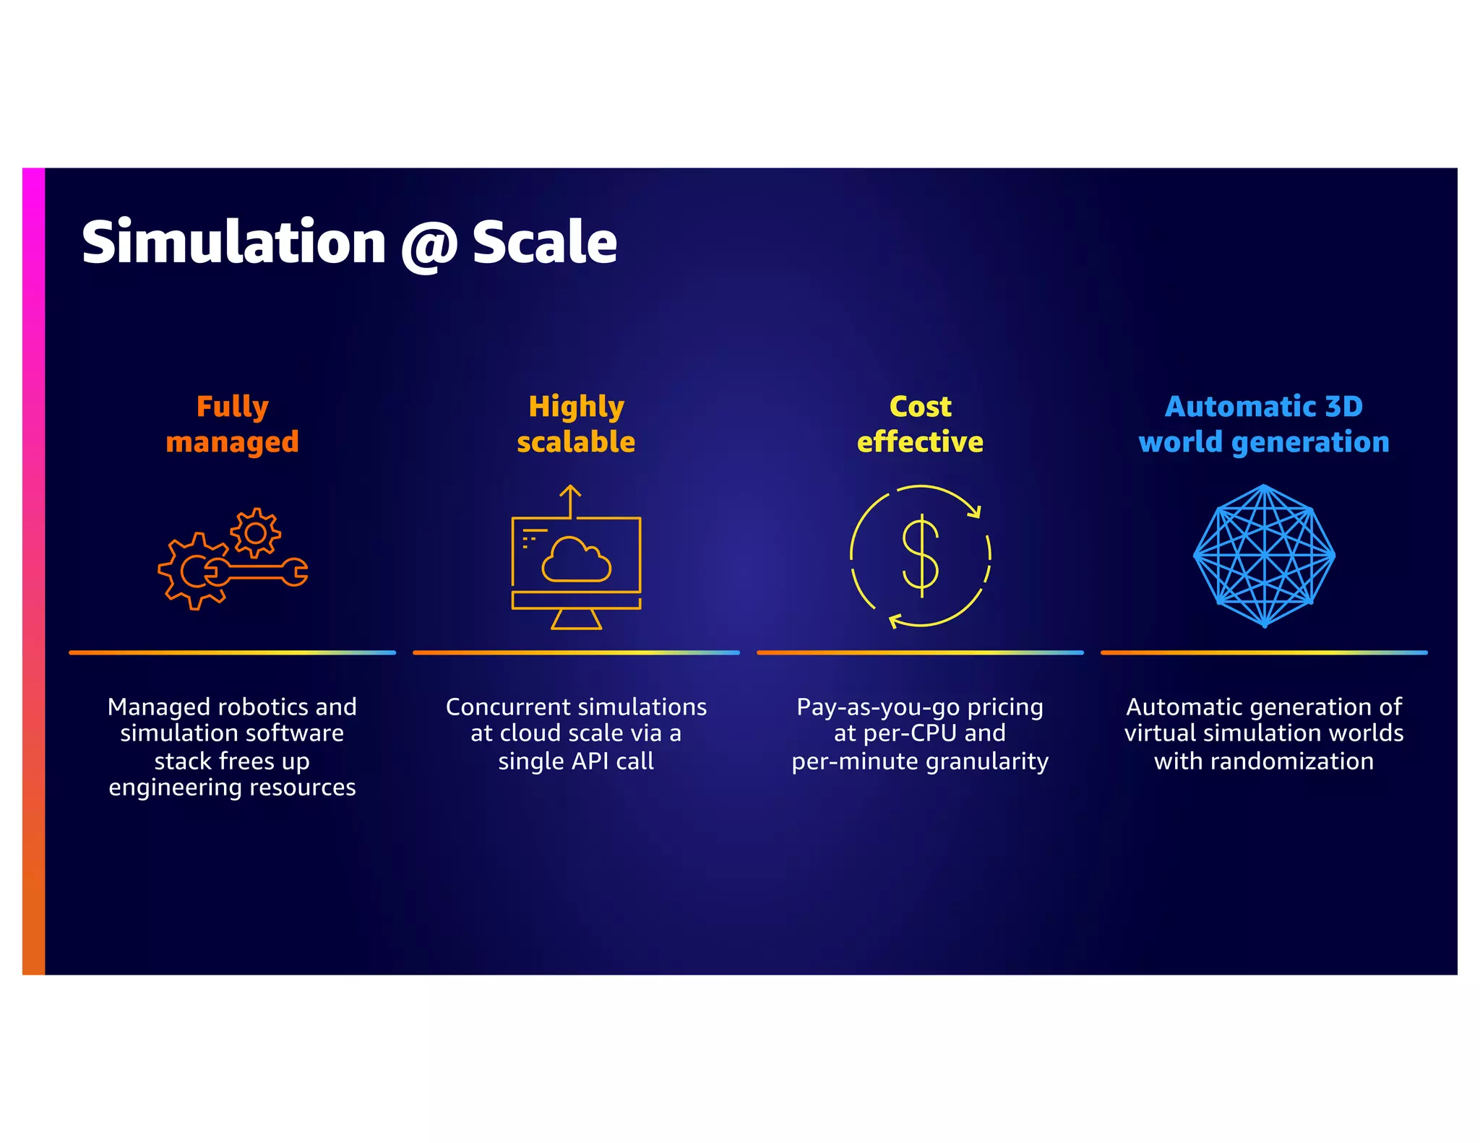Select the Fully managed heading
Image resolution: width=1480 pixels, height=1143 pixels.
tap(232, 424)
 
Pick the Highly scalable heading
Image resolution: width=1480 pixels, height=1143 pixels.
tap(576, 424)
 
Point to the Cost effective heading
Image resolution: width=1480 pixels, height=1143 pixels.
tap(920, 424)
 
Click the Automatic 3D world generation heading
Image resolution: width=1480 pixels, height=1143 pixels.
tap(1264, 424)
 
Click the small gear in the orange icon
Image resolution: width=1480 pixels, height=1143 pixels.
tap(255, 533)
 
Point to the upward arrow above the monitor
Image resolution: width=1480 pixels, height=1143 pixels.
tap(571, 500)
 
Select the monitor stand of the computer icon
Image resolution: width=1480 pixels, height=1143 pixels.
tap(576, 619)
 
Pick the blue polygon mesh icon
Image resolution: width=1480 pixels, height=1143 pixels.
tap(1264, 556)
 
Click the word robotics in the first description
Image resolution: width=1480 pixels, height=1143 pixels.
tap(266, 707)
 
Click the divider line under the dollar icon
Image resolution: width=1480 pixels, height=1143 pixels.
tap(920, 652)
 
